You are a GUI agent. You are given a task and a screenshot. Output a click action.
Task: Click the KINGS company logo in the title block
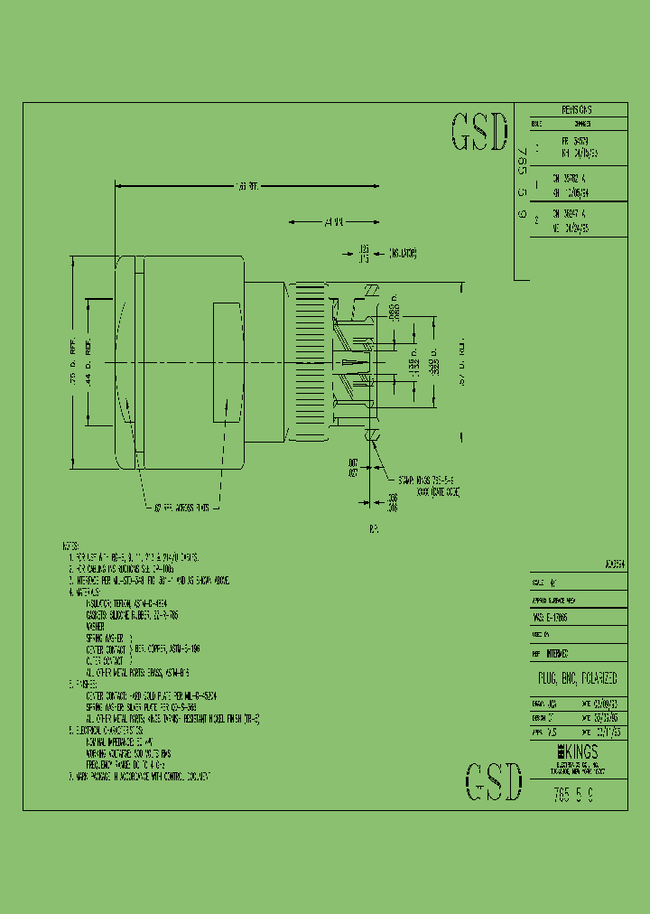[x=571, y=751]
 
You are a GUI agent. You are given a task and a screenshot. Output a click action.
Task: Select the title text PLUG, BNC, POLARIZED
[x=571, y=677]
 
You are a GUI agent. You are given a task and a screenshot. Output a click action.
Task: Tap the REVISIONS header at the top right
[x=570, y=109]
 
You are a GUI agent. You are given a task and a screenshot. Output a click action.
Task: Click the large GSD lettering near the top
[x=479, y=133]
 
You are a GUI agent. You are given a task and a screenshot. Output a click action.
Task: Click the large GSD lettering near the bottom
[x=493, y=782]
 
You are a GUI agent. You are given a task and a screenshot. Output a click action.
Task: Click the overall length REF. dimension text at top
[x=246, y=186]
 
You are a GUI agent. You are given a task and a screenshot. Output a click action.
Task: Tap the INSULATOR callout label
[x=403, y=254]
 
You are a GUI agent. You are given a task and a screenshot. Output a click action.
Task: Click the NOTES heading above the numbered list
[x=70, y=546]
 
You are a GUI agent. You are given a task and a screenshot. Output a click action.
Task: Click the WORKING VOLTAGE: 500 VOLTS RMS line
[x=128, y=752]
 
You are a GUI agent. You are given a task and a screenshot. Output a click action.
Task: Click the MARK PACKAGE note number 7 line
[x=144, y=776]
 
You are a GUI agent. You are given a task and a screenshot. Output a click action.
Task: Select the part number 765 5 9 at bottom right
[x=572, y=797]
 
